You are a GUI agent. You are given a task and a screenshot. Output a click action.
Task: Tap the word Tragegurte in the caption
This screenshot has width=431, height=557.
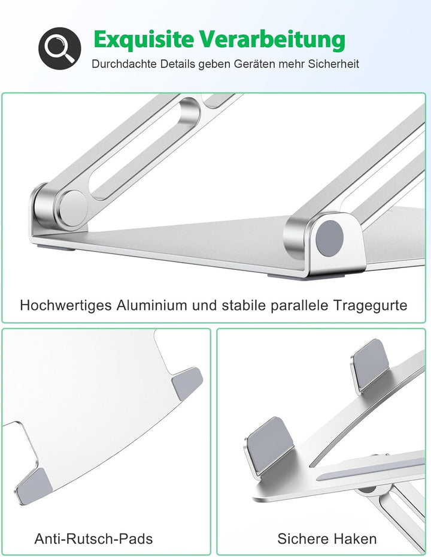[x=371, y=305]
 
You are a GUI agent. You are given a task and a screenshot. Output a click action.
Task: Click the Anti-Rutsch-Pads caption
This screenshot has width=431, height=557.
[x=93, y=539]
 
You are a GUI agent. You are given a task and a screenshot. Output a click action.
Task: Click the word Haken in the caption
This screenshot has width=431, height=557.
[x=355, y=539]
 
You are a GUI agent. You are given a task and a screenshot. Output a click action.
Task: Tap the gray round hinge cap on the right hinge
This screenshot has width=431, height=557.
[x=330, y=236]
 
